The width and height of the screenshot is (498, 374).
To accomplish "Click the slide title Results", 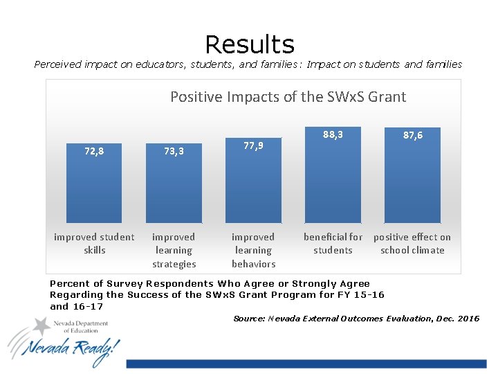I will click(x=250, y=44).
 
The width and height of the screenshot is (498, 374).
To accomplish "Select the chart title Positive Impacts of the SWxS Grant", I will click(x=288, y=97).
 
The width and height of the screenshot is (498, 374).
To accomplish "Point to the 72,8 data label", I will click(x=94, y=150).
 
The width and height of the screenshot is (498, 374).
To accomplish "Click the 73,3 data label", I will click(x=174, y=150).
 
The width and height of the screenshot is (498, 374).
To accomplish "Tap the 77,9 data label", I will click(x=253, y=145).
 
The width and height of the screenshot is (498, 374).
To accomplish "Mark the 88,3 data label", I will click(x=333, y=135).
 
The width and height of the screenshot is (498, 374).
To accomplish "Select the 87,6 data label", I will click(x=412, y=136).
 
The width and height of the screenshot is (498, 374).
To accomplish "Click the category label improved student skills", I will click(x=94, y=244).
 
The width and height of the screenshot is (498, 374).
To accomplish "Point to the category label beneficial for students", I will click(x=333, y=244).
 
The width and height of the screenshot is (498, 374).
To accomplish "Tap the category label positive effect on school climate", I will click(x=412, y=244).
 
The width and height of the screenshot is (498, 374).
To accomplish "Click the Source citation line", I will click(x=356, y=319).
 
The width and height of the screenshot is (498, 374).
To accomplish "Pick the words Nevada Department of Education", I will click(x=80, y=326).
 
